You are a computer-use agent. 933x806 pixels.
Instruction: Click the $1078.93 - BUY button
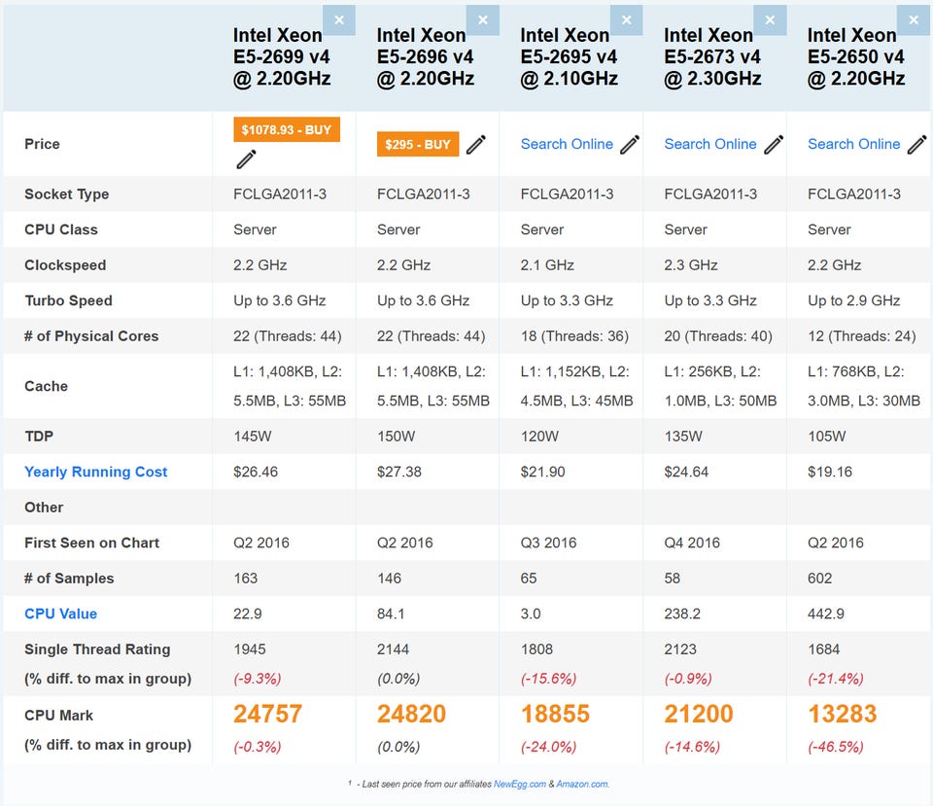point(287,130)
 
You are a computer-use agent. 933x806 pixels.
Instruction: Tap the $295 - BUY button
point(418,145)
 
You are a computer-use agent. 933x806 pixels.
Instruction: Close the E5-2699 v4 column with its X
point(339,19)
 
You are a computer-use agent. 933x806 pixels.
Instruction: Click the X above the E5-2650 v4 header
point(914,19)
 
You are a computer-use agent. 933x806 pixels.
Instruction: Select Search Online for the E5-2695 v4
point(567,144)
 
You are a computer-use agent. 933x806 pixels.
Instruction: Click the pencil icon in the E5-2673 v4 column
point(774,145)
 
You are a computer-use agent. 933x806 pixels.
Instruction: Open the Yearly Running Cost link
point(96,472)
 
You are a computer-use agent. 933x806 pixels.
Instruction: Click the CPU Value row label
point(60,613)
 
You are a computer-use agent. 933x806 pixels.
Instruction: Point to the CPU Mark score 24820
point(411,714)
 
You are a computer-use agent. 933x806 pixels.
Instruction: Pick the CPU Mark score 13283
point(842,714)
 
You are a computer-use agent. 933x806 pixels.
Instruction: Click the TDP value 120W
point(541,437)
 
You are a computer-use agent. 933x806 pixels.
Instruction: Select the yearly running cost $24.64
point(687,472)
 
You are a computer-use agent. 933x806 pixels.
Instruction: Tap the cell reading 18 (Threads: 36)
point(574,335)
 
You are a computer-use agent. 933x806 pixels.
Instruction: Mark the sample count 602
point(820,578)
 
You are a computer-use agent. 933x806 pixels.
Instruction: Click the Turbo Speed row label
point(68,300)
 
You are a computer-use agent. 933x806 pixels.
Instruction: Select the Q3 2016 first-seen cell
point(548,543)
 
